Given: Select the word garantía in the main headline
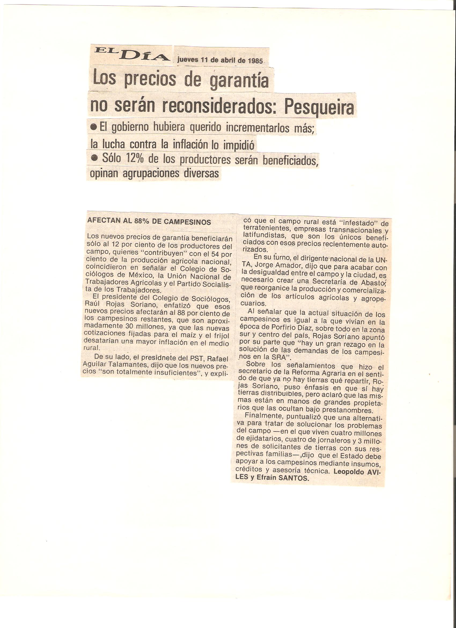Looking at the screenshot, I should tap(239, 80).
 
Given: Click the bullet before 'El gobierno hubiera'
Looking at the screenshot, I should tap(94, 127).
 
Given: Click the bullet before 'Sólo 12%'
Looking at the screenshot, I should tap(95, 158).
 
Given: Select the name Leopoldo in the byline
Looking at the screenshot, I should tap(349, 472).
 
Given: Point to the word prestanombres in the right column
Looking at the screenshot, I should tap(347, 410).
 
